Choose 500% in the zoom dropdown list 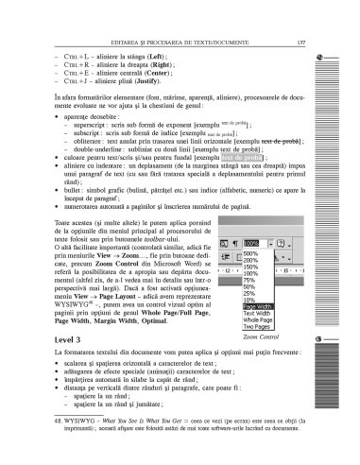point(249,253)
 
